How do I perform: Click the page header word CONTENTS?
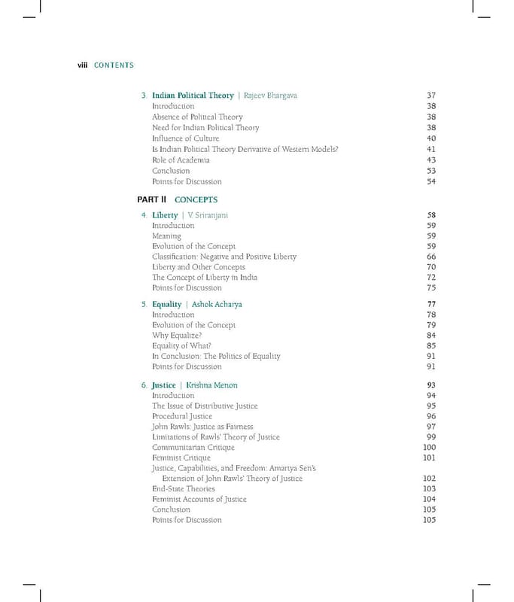(x=114, y=65)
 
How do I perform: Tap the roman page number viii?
(x=83, y=65)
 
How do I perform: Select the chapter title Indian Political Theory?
(x=193, y=96)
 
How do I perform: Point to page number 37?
(x=431, y=96)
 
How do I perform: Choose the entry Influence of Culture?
(x=185, y=138)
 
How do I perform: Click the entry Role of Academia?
(x=181, y=160)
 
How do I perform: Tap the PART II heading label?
(x=151, y=199)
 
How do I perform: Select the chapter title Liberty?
(x=165, y=215)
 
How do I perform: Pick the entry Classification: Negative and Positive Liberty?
(x=224, y=257)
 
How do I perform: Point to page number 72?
(x=431, y=277)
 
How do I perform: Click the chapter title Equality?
(x=166, y=304)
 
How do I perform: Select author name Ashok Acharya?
(x=217, y=304)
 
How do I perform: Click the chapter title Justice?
(x=163, y=385)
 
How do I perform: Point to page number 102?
(x=430, y=478)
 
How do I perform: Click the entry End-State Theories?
(x=184, y=488)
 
